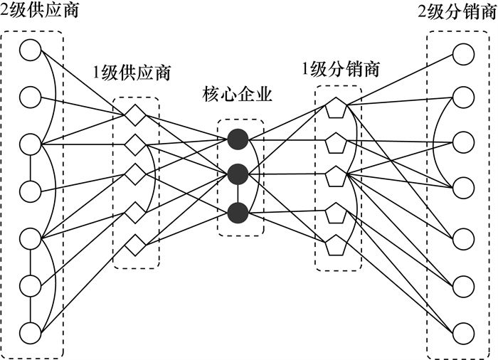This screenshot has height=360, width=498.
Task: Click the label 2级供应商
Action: click(40, 11)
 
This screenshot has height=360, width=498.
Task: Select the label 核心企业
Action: click(237, 94)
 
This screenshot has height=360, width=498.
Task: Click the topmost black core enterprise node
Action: click(238, 139)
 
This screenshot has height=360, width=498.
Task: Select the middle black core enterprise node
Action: click(238, 174)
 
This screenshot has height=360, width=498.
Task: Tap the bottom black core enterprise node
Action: click(238, 212)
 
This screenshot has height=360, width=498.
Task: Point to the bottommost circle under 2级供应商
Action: click(31, 332)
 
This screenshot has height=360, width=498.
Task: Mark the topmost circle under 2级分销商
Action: click(463, 53)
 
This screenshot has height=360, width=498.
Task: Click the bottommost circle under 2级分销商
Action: click(463, 332)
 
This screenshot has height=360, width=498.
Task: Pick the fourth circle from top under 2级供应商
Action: click(31, 191)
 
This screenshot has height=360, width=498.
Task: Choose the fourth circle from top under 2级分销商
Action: click(463, 187)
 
